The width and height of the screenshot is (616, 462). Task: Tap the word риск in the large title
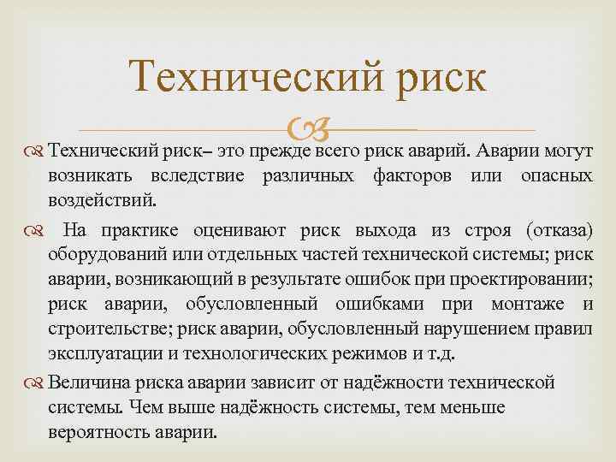pyautogui.click(x=444, y=79)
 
